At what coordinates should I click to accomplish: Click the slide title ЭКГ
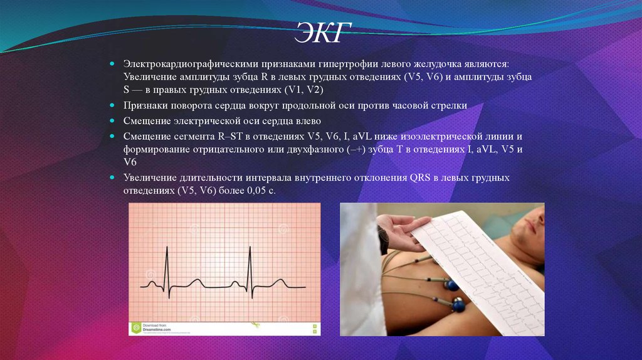point(320,33)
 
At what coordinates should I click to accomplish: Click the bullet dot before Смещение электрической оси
point(111,121)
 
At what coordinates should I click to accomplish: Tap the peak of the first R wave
point(167,248)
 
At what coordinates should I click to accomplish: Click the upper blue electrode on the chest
point(450,285)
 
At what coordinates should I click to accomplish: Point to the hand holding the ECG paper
point(401,226)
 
